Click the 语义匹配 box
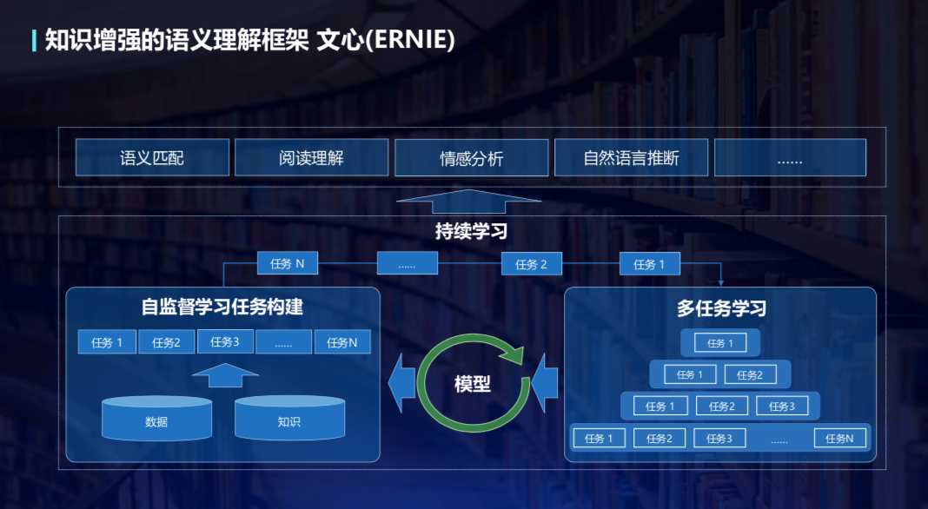[x=152, y=158]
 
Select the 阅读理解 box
[x=311, y=158]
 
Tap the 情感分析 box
[x=471, y=158]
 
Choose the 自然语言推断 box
[x=631, y=158]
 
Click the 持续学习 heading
[x=471, y=232]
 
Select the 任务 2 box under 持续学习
[x=531, y=264]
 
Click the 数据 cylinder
[x=156, y=420]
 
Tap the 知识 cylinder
[x=289, y=420]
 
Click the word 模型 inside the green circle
[x=472, y=384]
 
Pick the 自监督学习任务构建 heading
[x=222, y=307]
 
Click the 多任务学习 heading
[x=721, y=308]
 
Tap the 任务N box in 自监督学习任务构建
[x=342, y=342]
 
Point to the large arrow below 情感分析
[x=468, y=202]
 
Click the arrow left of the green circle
[x=401, y=382]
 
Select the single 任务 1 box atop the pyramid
[x=719, y=343]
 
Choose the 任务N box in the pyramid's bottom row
[x=839, y=439]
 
